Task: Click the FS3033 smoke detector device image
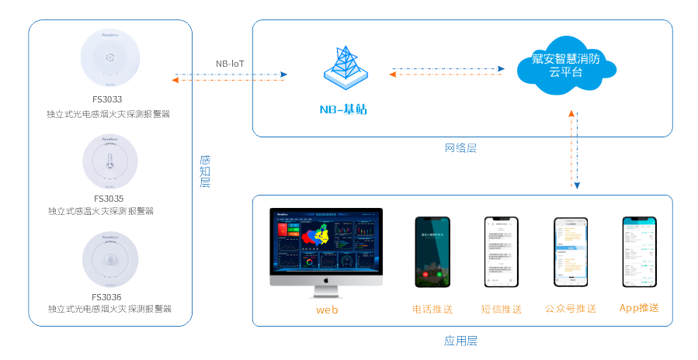110,59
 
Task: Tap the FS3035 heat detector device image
109,161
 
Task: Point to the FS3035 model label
108,198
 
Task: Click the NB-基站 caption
342,109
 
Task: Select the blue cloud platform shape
565,64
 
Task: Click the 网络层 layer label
460,147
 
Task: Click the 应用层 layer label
460,341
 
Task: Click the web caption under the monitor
327,310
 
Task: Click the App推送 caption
639,308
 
